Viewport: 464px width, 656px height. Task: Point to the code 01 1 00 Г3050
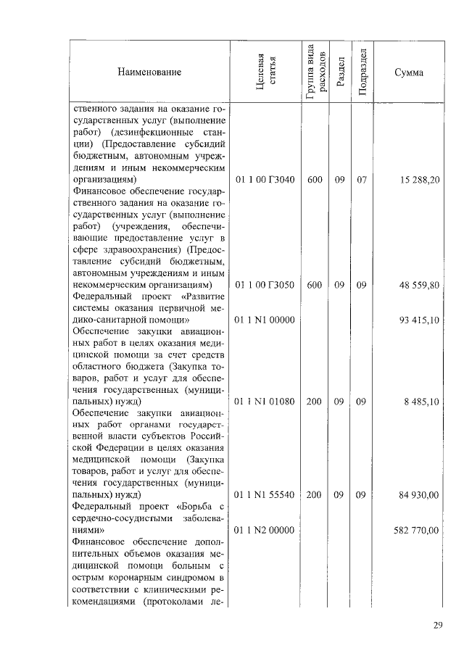(x=265, y=285)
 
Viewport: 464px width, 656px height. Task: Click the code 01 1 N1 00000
(x=265, y=320)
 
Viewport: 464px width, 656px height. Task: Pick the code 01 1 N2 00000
(x=265, y=530)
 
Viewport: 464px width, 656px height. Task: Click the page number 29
(x=438, y=626)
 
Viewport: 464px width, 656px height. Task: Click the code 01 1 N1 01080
(x=265, y=402)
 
